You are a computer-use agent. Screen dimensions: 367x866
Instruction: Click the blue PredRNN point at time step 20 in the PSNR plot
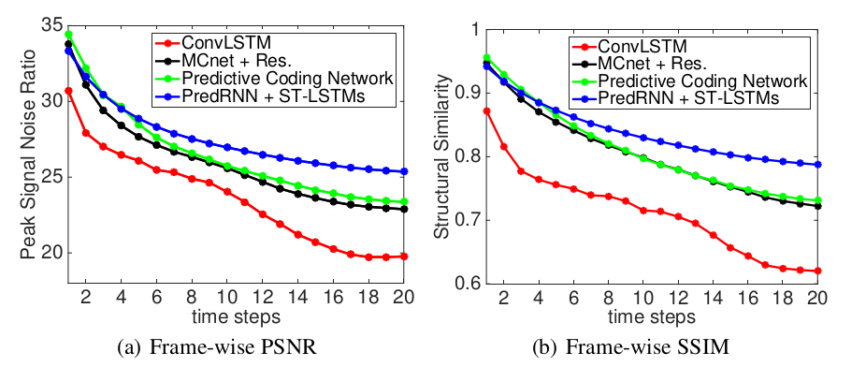pyautogui.click(x=403, y=171)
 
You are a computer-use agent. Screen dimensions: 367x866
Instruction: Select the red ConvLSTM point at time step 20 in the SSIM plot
pyautogui.click(x=818, y=271)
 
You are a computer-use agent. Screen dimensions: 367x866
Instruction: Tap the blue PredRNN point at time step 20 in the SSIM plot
pyautogui.click(x=818, y=164)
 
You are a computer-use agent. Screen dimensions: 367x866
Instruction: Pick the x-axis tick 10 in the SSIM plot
pyautogui.click(x=642, y=301)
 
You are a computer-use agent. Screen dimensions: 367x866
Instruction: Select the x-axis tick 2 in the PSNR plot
pyautogui.click(x=86, y=301)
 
